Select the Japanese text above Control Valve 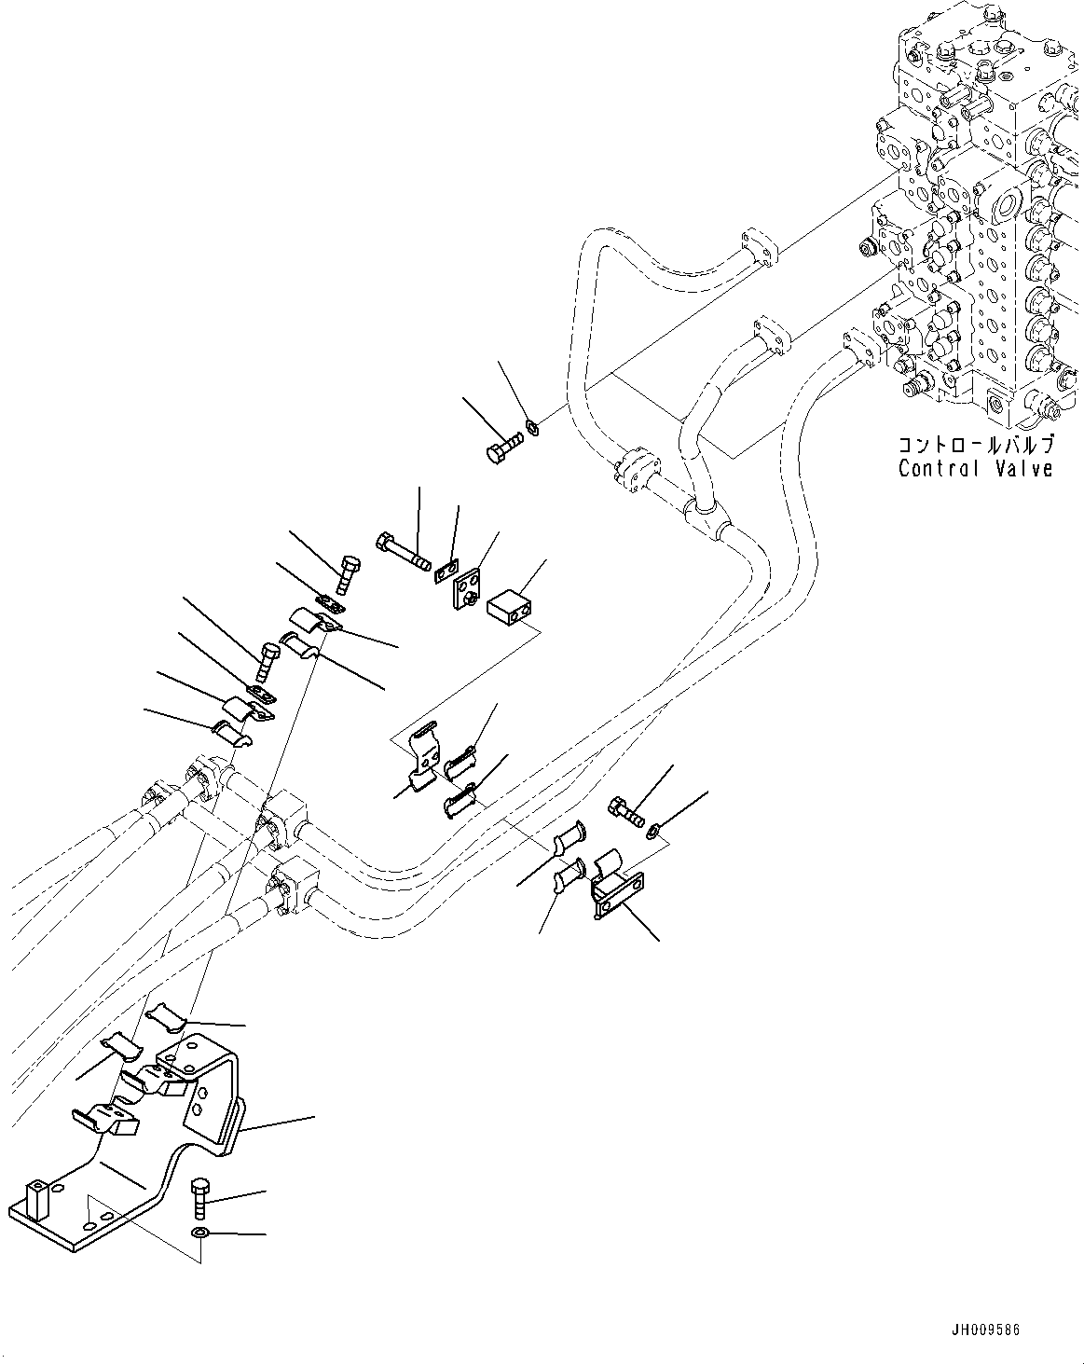tap(976, 445)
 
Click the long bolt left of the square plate tap(403, 551)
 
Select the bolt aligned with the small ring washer tap(504, 447)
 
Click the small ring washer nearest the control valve tap(533, 428)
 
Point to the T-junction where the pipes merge tap(707, 518)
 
